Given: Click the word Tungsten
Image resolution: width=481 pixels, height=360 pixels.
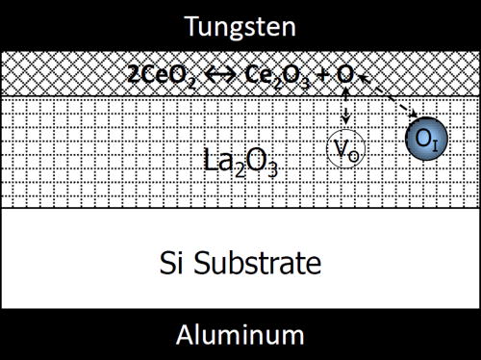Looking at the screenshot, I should click(x=240, y=22).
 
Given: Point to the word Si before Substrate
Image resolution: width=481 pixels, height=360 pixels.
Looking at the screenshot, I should click(x=173, y=261).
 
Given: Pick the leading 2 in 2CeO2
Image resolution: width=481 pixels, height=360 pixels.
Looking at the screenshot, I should click(x=130, y=74).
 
